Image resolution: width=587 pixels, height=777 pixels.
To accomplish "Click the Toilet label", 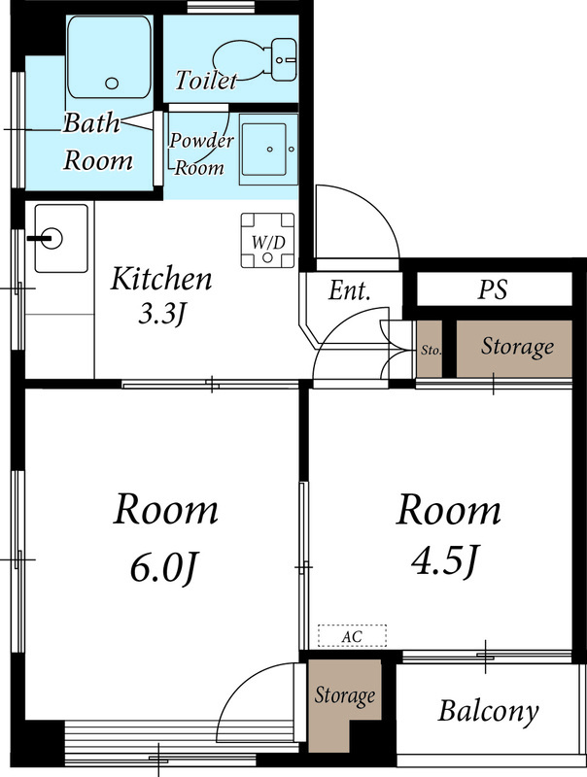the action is pos(206,81).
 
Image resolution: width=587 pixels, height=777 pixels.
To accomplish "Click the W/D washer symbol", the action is pos(267,241).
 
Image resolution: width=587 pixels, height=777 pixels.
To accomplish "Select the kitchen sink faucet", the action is pos(45,238).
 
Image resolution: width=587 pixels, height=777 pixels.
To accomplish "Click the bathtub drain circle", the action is pos(112,83).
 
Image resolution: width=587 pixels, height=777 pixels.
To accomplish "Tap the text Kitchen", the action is pos(161,279).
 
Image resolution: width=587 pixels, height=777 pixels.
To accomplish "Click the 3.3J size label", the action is pos(161,314).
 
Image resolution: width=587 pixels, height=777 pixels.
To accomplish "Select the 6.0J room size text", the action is pos(164,567).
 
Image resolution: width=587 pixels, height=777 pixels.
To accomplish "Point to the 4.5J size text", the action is pos(446,560).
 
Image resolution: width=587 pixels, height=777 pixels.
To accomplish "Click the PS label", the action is pos(493,289).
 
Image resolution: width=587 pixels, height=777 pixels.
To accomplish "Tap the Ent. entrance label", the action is pos(350,290).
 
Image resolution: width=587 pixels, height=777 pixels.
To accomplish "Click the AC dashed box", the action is pos(352,636).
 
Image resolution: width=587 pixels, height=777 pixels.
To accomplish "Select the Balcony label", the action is pos(488,711).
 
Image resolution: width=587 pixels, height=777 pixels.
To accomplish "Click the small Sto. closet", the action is pos(430,349).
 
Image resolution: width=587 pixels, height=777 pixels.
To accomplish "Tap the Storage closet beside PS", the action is pos(514,349).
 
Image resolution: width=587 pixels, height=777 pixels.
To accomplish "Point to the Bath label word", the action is pos(91,123).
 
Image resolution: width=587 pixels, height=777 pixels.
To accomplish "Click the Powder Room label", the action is pos(200,154).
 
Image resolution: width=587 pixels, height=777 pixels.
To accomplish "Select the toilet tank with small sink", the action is pos(284,59).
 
